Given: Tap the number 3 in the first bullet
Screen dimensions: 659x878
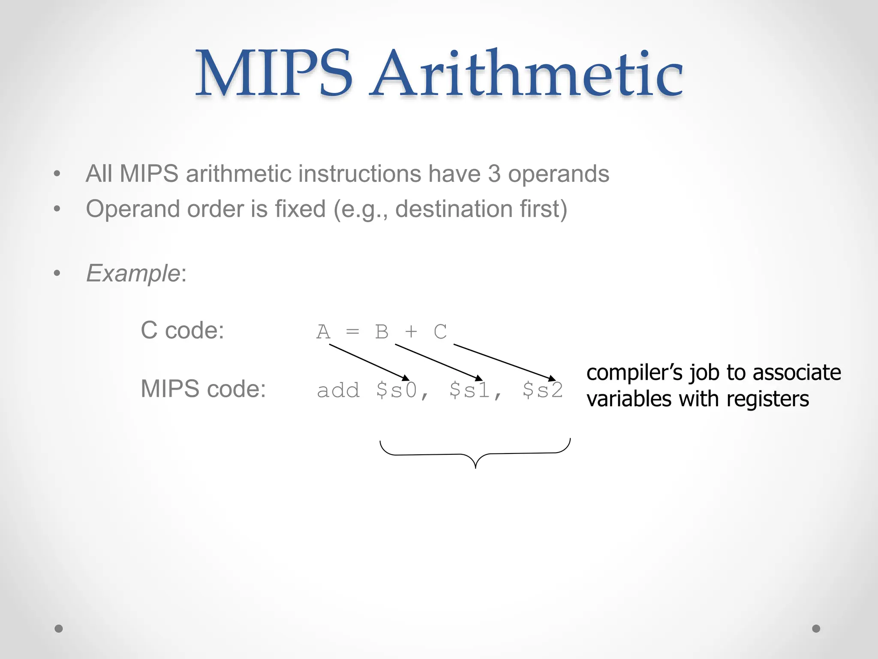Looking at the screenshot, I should [x=494, y=174].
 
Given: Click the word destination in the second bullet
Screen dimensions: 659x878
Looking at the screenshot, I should [x=454, y=209].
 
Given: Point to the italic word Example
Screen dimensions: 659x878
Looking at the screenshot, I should [x=133, y=273].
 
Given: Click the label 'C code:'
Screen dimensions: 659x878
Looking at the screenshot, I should [x=182, y=330].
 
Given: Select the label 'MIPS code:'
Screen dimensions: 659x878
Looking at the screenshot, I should [x=203, y=389].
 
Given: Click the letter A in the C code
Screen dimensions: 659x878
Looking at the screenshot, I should [x=323, y=332].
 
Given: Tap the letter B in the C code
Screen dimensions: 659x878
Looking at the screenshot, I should [x=382, y=332].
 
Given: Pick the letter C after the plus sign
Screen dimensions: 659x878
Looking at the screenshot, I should [x=440, y=332].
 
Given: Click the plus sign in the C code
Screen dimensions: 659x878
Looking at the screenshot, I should [x=411, y=332].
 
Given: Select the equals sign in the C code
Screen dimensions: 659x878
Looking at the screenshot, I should [x=352, y=332].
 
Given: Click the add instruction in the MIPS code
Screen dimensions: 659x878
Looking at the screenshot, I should [x=338, y=390].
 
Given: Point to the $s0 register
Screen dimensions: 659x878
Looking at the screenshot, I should [x=397, y=390].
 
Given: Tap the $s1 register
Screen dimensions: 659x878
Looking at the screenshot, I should [x=469, y=390].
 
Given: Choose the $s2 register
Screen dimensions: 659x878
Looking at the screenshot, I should [x=542, y=390].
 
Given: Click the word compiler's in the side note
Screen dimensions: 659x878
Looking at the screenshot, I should [x=634, y=372].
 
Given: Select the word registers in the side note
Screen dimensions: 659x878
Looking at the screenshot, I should [x=767, y=399].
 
